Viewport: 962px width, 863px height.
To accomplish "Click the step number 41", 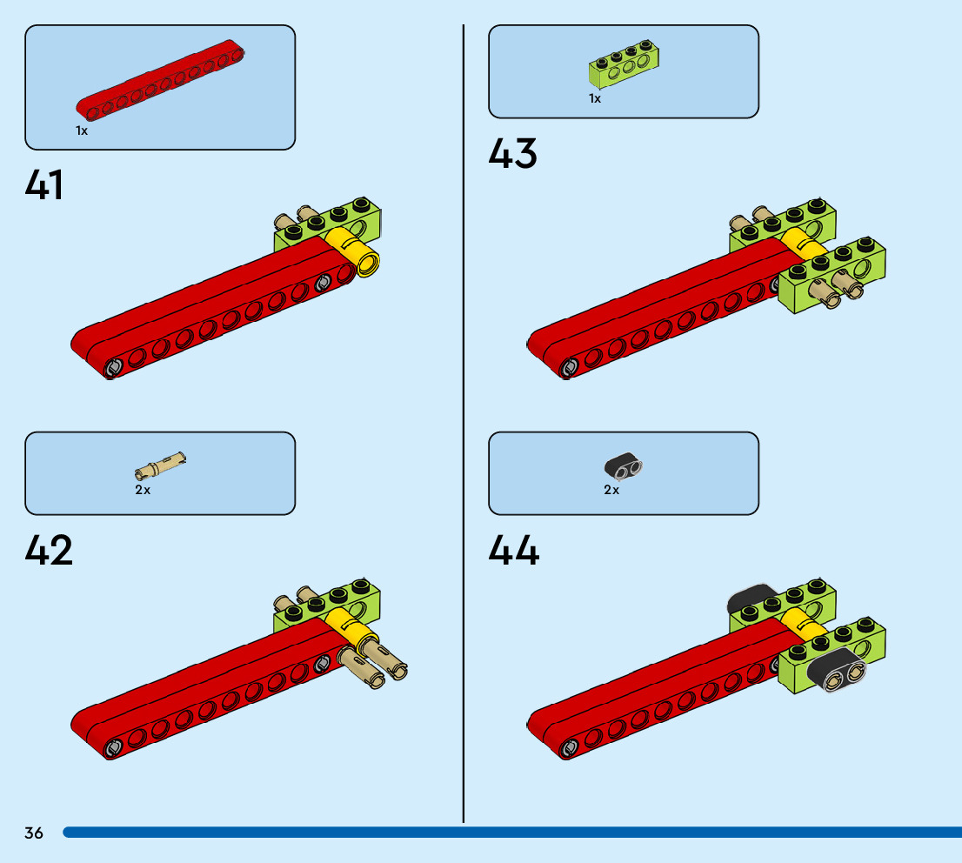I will tap(44, 185).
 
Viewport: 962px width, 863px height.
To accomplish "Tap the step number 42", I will tap(49, 550).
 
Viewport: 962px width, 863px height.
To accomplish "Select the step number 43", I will tap(512, 154).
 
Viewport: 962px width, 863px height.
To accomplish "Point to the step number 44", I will tap(513, 550).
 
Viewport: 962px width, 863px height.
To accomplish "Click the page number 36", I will tap(34, 833).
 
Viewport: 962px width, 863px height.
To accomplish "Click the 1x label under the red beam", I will tap(82, 130).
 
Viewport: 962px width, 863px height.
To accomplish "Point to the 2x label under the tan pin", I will tap(143, 490).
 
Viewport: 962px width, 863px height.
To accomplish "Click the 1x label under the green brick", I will tap(595, 98).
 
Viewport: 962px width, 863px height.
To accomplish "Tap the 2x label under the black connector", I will tap(611, 490).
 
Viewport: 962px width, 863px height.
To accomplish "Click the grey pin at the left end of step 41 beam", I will tap(112, 368).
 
